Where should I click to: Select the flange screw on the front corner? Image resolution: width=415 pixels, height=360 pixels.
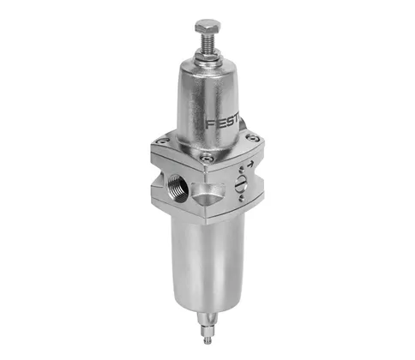[x=206, y=158]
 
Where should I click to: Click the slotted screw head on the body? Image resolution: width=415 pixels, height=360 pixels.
[x=241, y=188]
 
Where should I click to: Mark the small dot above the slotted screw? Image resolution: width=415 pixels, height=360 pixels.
[x=240, y=174]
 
